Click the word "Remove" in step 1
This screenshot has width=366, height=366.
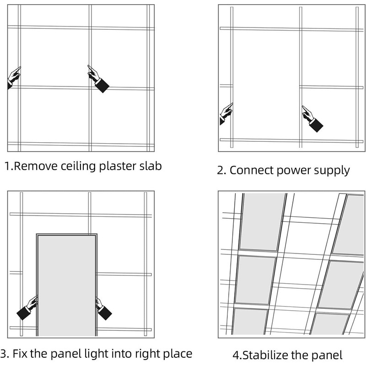coord(36,166)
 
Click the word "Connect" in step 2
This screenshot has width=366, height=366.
coord(251,170)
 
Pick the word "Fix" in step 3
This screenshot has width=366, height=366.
coord(20,353)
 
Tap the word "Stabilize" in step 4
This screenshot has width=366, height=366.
coord(265,355)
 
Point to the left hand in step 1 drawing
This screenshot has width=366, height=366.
coord(14,77)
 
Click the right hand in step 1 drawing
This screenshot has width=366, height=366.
coord(98,79)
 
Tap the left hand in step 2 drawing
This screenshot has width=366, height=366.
coord(226,113)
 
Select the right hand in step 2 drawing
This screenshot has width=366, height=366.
coord(312,119)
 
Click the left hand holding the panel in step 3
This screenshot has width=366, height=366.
coord(27,308)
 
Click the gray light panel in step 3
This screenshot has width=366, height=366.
coord(66,285)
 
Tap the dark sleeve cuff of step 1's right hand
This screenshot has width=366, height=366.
coord(102,86)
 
